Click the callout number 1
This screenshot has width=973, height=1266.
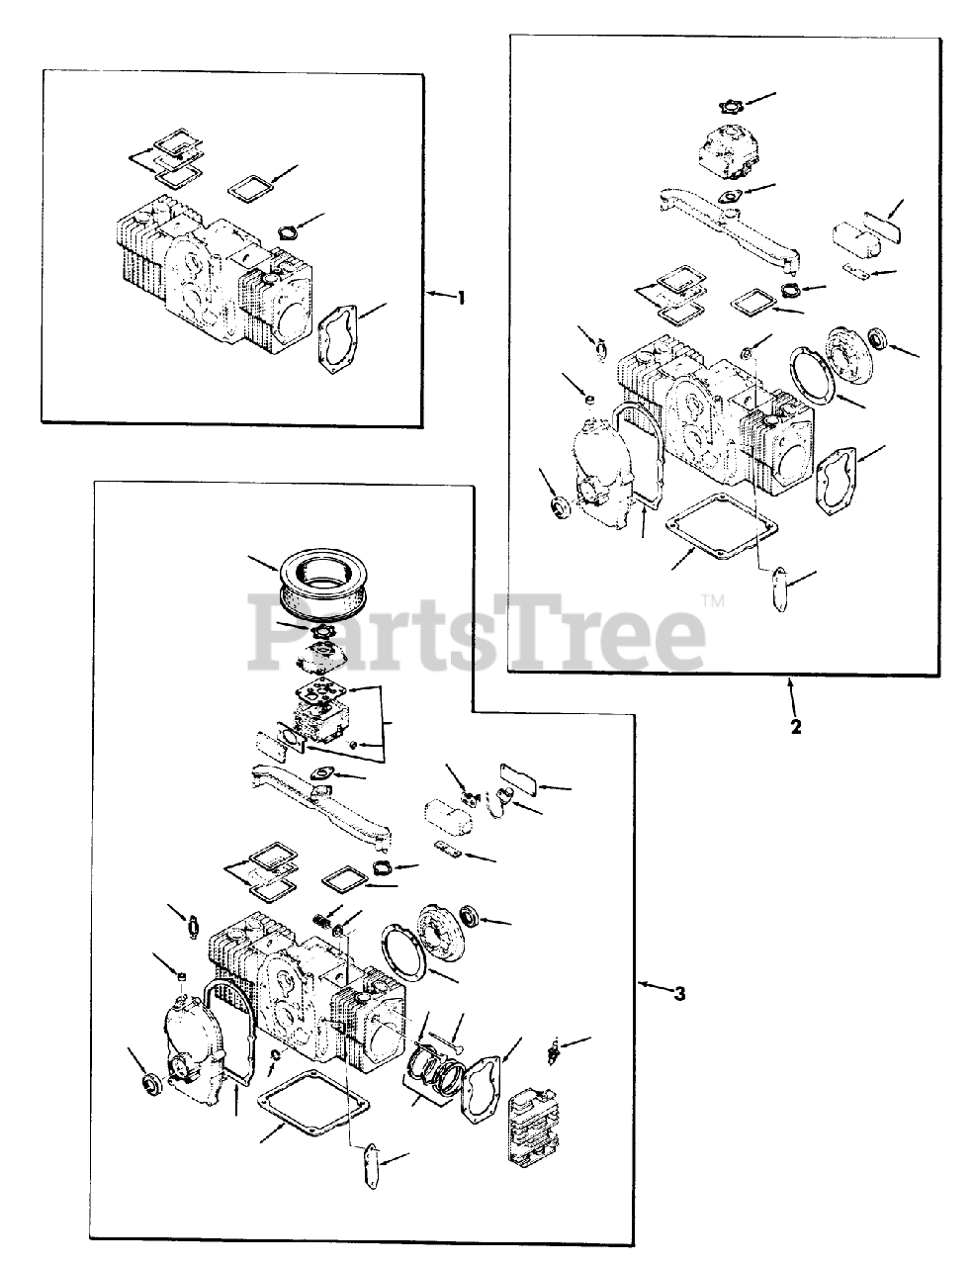[461, 298]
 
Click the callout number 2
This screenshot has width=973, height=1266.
[795, 727]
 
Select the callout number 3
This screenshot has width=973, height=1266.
[679, 993]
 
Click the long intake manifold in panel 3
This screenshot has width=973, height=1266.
[322, 807]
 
